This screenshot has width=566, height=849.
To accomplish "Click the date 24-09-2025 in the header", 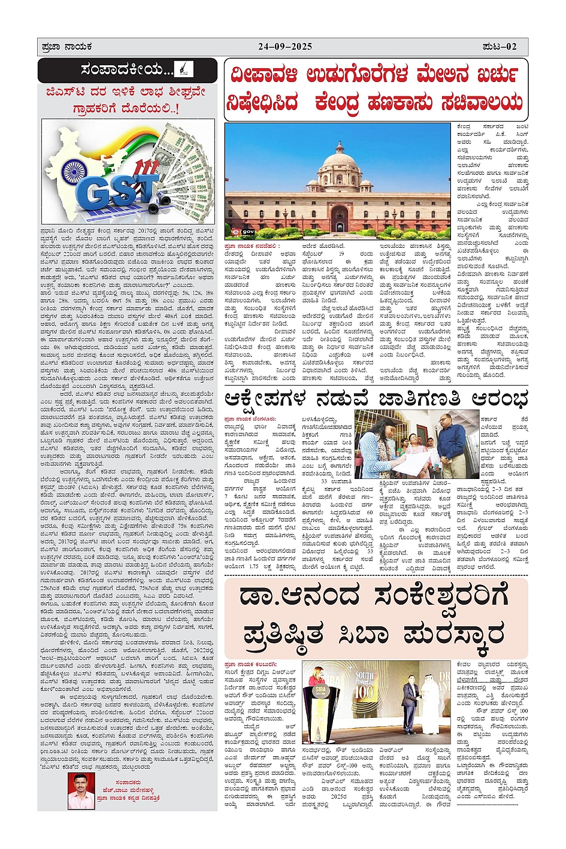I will pyautogui.click(x=285, y=47).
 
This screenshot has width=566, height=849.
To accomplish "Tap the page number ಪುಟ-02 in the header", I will pyautogui.click(x=500, y=47).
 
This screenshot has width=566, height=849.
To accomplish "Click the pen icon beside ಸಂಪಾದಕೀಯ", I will pyautogui.click(x=183, y=69).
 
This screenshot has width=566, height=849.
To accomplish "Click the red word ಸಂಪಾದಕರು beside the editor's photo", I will pyautogui.click(x=128, y=782).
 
